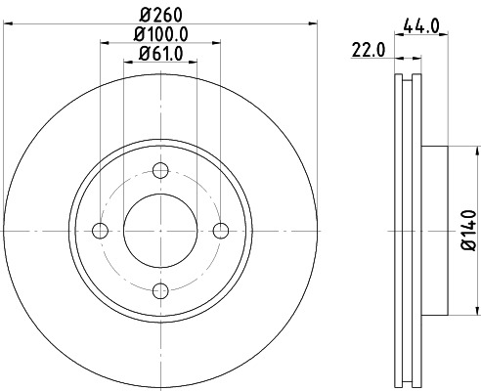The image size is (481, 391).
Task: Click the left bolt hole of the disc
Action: (x=99, y=231)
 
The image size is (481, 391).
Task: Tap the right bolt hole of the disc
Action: (x=221, y=231)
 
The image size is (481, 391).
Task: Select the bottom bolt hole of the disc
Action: (x=159, y=290)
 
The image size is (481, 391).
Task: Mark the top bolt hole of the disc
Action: (x=159, y=170)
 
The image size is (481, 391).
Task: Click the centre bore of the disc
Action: (x=159, y=231)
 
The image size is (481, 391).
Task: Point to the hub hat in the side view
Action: (x=434, y=231)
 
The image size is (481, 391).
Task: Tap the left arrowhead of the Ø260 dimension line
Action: (x=5, y=24)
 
